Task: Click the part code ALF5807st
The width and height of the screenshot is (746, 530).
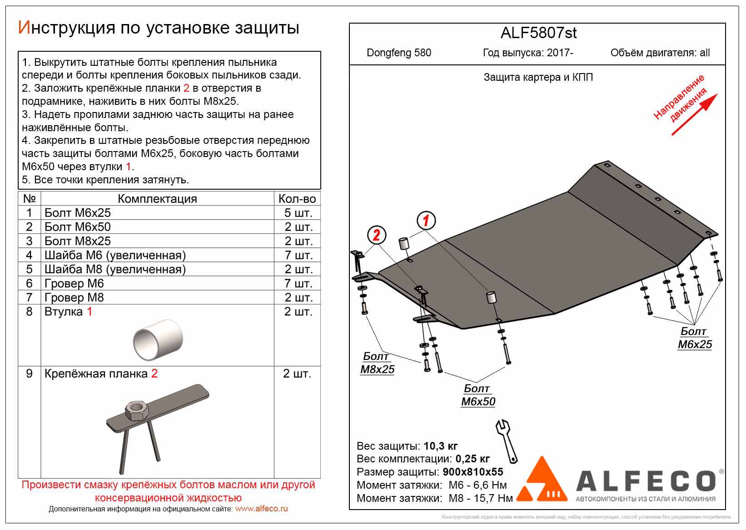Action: coord(538,33)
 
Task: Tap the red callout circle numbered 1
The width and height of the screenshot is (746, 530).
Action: coord(426,221)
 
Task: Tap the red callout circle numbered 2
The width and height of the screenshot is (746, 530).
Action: coord(376,235)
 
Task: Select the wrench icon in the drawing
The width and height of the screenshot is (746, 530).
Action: coord(507,440)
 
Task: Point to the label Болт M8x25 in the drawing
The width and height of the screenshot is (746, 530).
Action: coord(377,363)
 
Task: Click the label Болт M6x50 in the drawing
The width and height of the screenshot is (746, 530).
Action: coord(478,395)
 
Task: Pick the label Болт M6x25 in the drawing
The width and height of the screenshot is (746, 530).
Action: coord(695,338)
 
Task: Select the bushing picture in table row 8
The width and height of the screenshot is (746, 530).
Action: coord(158,340)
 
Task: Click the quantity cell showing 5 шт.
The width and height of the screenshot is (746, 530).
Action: coord(298,213)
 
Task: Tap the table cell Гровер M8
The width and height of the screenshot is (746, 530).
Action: coord(74,298)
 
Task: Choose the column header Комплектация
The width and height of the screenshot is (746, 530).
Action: coord(157,199)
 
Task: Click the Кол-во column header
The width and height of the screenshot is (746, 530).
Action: coord(297,199)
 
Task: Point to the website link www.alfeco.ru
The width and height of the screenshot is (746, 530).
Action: coord(261,509)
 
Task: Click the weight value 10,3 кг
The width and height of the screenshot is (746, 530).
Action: coord(440,446)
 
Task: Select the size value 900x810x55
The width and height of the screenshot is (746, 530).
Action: coord(473,472)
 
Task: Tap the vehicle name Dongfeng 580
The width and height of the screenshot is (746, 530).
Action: coord(399,53)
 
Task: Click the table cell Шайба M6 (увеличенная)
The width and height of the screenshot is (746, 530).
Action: coord(115,255)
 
